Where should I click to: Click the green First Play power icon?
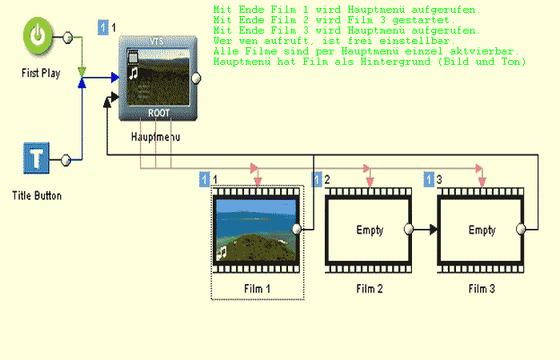[38, 37]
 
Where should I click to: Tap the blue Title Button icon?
[35, 158]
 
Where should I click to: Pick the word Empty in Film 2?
[370, 230]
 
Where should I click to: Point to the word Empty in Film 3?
[482, 230]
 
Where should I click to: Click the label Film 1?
[257, 288]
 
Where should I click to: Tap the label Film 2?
[369, 288]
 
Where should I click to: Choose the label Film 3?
[482, 288]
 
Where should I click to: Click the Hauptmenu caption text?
[155, 137]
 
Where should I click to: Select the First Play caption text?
[41, 74]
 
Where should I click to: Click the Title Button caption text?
[37, 195]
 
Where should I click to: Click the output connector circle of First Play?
[67, 38]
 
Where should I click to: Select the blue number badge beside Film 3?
[430, 180]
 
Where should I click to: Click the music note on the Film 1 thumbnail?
[222, 251]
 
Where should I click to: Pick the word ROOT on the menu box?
[158, 113]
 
